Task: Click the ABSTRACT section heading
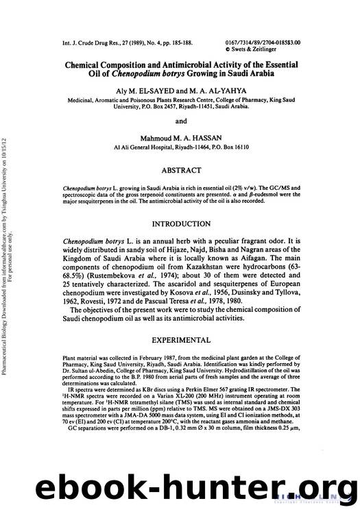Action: pos(181,170)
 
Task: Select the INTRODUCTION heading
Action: pos(181,224)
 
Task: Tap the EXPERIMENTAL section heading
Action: pos(181,339)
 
